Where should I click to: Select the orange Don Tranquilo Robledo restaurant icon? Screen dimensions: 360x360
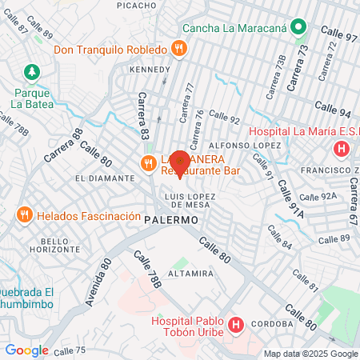click(178, 49)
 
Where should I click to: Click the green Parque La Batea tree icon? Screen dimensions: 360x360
click(32, 72)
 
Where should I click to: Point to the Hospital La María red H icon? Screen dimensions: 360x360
click(342, 149)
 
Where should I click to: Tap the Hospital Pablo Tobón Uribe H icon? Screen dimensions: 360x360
click(235, 325)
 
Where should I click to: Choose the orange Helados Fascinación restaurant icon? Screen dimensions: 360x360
click(24, 215)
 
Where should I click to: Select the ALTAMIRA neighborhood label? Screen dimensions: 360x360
click(191, 273)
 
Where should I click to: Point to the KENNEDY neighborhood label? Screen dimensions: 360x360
click(150, 70)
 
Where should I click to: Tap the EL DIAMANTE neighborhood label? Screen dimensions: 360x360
click(102, 177)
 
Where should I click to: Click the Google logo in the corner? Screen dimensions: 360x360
click(26, 350)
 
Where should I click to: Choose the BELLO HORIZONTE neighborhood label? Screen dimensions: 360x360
click(43, 246)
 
